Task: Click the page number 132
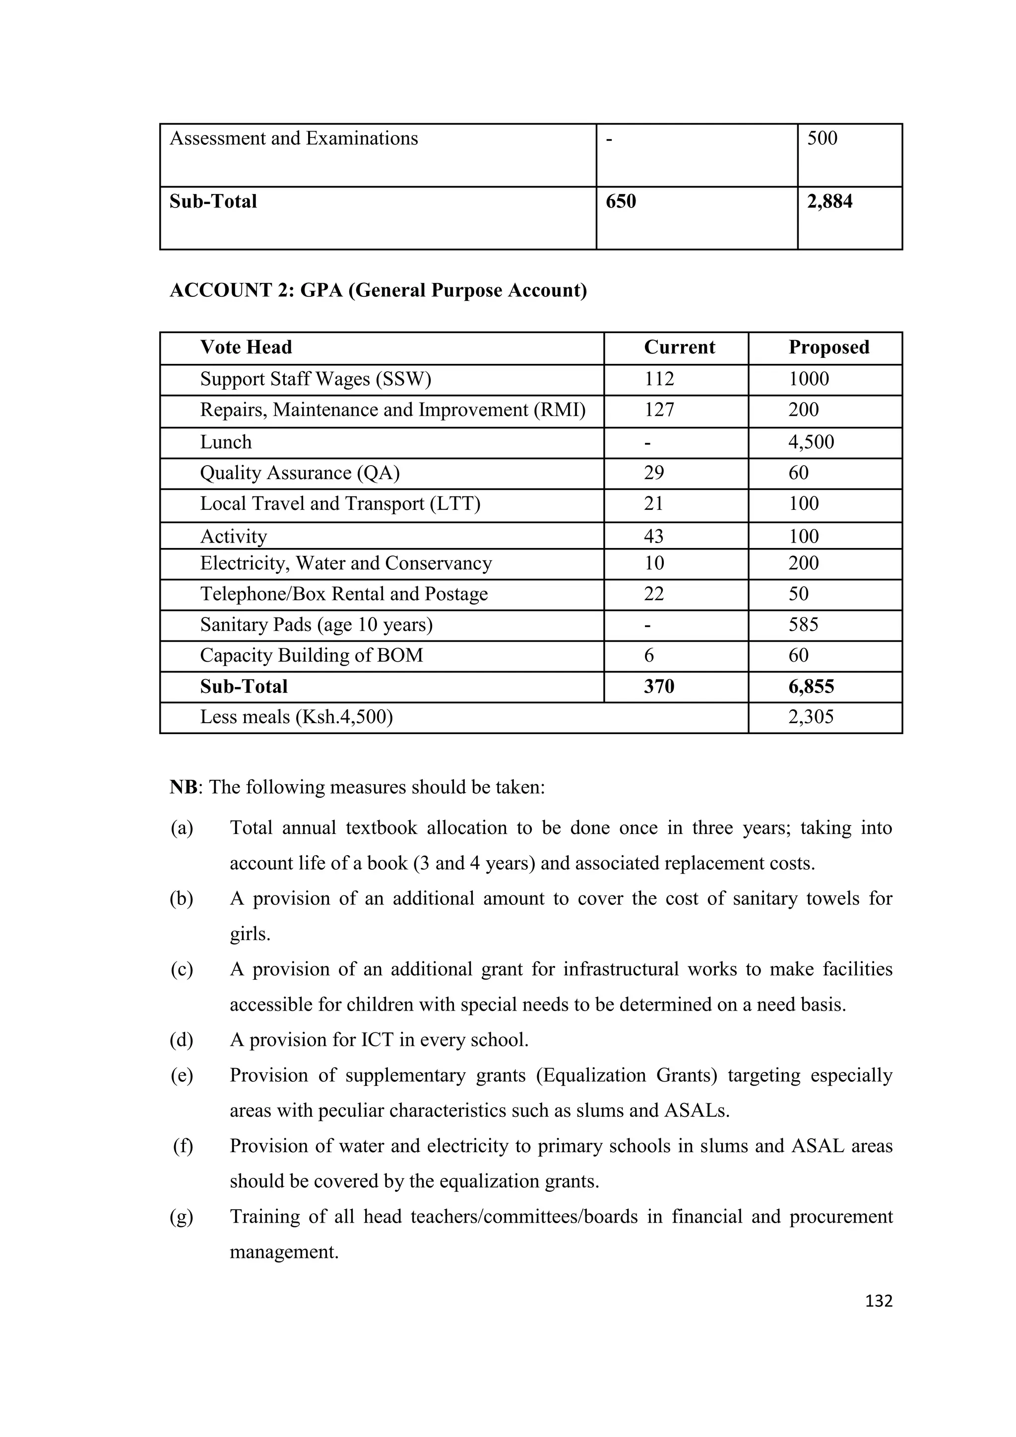tap(879, 1301)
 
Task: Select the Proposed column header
tap(828, 347)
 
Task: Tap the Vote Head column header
tap(246, 347)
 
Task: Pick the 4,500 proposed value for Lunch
tap(811, 442)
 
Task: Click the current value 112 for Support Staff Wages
tap(659, 379)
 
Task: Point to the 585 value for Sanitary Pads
tap(803, 624)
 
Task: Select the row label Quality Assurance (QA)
tap(300, 473)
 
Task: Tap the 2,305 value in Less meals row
tap(811, 717)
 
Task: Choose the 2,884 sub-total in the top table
tap(829, 202)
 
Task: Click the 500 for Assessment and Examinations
tap(822, 138)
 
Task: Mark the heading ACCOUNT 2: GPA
tap(378, 290)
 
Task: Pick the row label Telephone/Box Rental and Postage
tap(343, 594)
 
